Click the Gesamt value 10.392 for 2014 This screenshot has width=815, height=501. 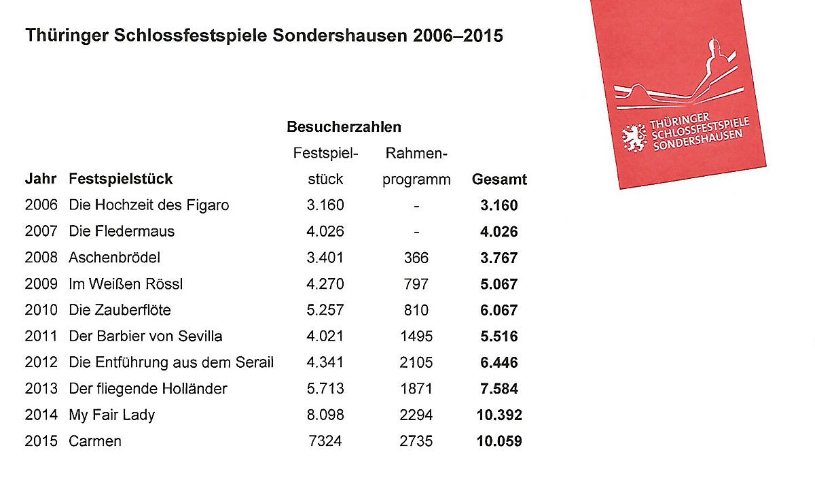pyautogui.click(x=499, y=415)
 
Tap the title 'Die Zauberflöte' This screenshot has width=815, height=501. pyautogui.click(x=120, y=310)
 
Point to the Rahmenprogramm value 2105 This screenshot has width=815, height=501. pyautogui.click(x=416, y=362)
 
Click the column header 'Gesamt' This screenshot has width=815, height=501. pyautogui.click(x=499, y=180)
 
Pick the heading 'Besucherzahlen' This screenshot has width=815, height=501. pyautogui.click(x=344, y=127)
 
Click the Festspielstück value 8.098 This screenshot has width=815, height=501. pyautogui.click(x=325, y=415)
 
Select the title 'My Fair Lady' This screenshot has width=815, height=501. pyautogui.click(x=111, y=415)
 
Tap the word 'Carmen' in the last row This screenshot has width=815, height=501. pyautogui.click(x=95, y=441)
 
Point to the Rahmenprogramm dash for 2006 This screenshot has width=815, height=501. pyautogui.click(x=416, y=205)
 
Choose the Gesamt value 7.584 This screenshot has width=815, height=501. pyautogui.click(x=499, y=389)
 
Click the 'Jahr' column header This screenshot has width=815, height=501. pyautogui.click(x=41, y=180)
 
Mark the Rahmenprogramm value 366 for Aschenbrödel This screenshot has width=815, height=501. pyautogui.click(x=416, y=258)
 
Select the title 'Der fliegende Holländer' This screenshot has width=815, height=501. pyautogui.click(x=148, y=389)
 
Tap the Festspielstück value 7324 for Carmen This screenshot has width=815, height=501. pyautogui.click(x=325, y=441)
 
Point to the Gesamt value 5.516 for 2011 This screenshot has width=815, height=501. pyautogui.click(x=499, y=336)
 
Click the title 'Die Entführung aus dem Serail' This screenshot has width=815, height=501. pyautogui.click(x=171, y=362)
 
